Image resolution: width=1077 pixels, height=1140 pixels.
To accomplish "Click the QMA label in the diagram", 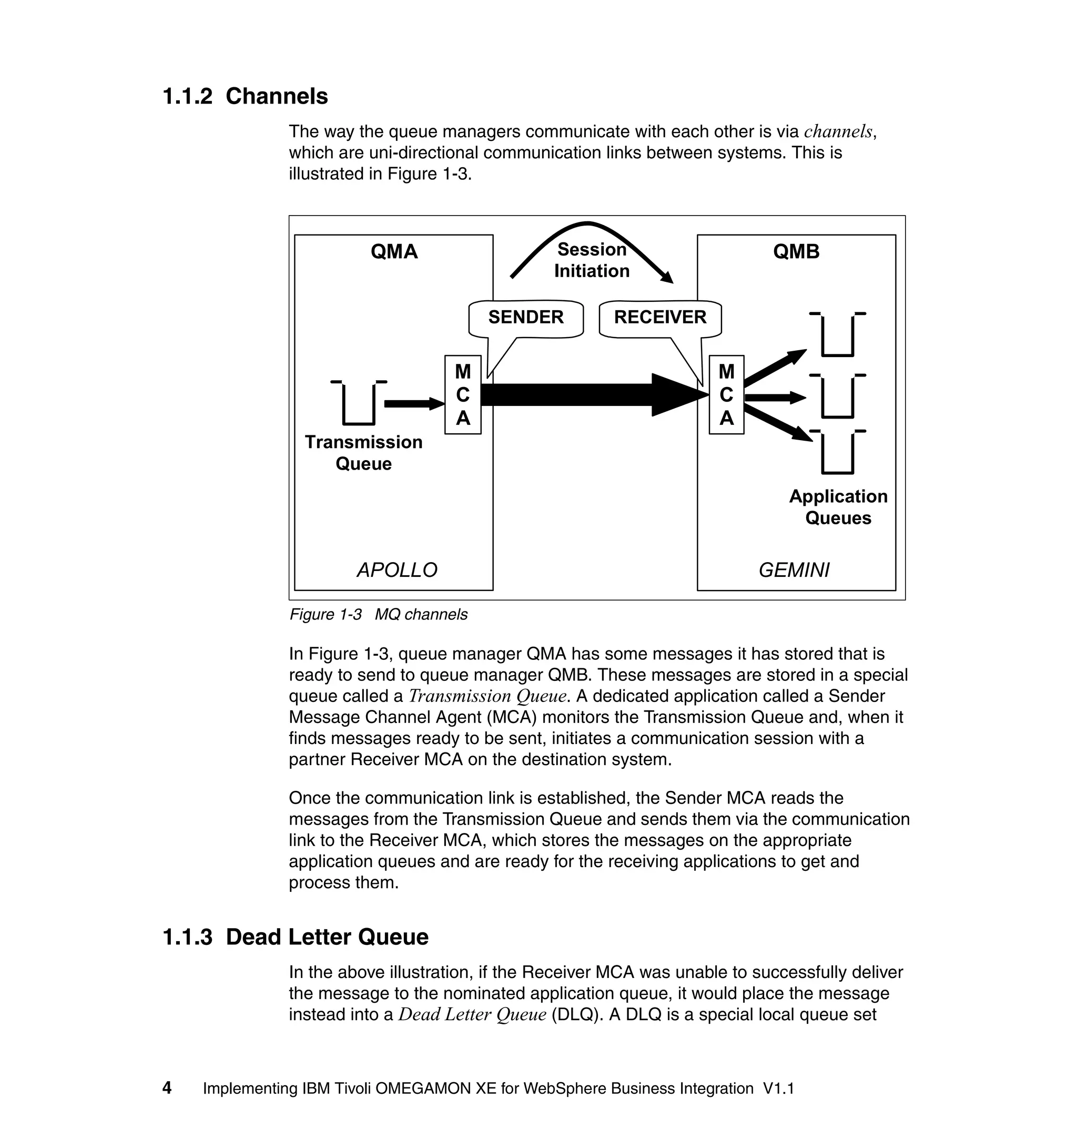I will click(x=394, y=251).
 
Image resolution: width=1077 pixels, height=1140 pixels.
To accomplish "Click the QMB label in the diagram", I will click(x=796, y=251).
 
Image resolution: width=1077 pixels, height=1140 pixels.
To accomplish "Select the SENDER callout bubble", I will click(x=526, y=318).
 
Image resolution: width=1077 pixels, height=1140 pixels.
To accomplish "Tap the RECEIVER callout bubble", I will click(x=660, y=318).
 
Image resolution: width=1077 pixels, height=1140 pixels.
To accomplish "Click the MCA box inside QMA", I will click(x=463, y=395).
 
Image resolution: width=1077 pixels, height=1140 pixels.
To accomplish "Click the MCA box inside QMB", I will click(x=726, y=395).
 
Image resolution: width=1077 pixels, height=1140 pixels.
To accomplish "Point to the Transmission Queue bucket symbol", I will click(x=359, y=403).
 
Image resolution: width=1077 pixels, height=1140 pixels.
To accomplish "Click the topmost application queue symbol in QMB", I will click(x=838, y=335).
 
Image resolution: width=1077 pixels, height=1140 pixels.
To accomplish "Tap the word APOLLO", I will click(x=397, y=570).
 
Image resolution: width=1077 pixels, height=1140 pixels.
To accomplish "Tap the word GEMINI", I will click(x=794, y=570).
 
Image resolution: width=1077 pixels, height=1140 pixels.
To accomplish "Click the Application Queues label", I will click(x=838, y=507).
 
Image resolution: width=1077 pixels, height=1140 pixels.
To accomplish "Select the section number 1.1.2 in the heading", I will click(x=187, y=96).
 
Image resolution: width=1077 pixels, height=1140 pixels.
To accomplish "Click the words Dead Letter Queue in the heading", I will click(x=327, y=938).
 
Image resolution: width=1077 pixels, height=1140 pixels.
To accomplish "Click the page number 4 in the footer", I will click(x=167, y=1088).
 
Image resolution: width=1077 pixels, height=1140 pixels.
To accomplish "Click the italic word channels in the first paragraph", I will click(x=838, y=132).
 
